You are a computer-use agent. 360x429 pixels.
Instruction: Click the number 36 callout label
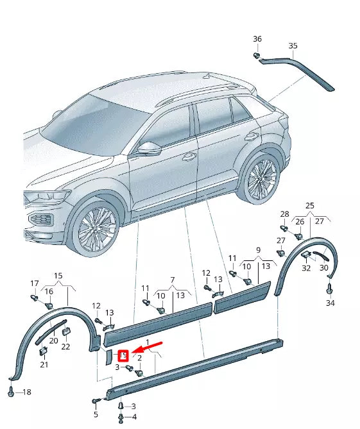tap(257, 39)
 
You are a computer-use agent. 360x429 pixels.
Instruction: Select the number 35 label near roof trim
tap(293, 46)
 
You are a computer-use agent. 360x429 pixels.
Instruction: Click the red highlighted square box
tap(124, 354)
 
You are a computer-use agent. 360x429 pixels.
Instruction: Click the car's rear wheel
tap(261, 178)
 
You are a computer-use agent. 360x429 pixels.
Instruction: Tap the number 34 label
tap(330, 303)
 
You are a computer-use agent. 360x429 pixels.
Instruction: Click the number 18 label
tap(26, 392)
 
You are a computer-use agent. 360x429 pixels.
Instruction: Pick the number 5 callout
tap(96, 415)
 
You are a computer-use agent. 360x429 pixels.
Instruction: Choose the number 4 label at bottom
tap(133, 417)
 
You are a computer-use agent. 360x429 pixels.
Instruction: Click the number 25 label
tap(310, 205)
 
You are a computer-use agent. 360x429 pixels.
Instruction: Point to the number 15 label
tap(58, 276)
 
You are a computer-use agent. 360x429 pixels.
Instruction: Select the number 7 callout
tap(172, 280)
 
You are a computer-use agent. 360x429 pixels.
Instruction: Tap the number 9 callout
tap(258, 250)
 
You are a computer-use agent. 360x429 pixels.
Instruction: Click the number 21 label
tap(44, 365)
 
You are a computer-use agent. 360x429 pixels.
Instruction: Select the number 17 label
tap(35, 283)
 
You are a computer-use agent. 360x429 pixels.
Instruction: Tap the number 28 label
tap(285, 214)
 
